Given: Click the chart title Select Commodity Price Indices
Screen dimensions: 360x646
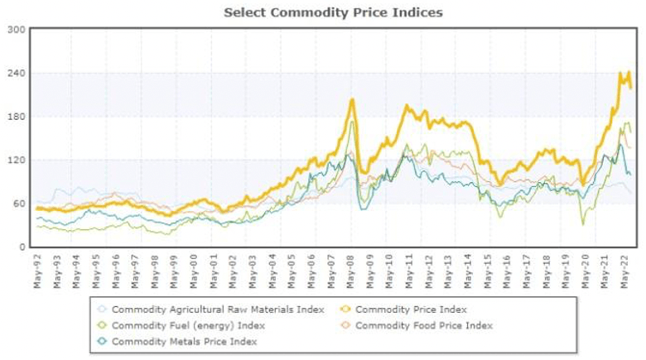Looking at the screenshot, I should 333,12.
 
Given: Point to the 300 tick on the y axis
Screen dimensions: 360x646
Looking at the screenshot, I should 17,30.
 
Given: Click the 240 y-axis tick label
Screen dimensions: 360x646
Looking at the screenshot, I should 17,74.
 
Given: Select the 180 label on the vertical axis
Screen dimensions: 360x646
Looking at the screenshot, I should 17,117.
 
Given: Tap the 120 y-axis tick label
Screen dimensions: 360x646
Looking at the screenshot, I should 17,161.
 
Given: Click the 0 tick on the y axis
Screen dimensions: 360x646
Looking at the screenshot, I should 22,247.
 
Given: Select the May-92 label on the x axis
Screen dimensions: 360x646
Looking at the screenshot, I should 37,271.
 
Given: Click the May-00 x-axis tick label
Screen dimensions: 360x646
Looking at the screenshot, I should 194,271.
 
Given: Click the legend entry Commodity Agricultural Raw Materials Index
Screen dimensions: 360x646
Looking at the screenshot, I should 211,310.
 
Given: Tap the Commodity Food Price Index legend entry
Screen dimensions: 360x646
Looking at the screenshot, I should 423,325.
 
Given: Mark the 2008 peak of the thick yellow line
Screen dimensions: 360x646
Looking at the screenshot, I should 352,100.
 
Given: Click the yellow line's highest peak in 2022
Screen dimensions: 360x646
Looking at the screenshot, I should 621,73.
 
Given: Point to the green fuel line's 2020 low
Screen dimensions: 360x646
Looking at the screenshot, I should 583,223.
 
